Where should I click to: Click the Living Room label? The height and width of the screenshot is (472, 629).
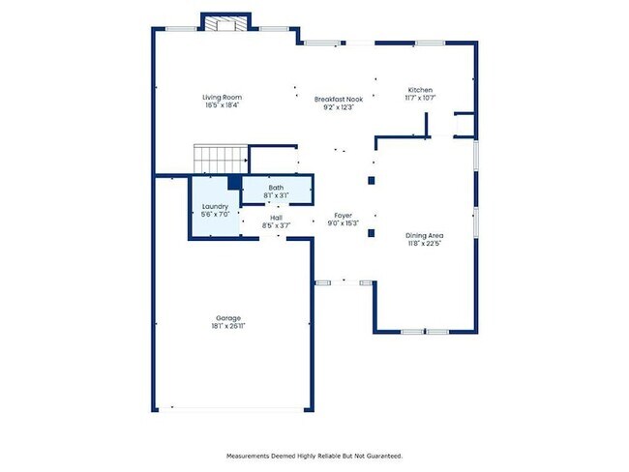[222, 98]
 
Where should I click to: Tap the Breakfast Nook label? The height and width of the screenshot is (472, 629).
[339, 99]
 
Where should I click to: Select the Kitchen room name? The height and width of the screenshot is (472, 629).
[419, 90]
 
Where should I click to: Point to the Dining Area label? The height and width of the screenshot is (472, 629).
[424, 235]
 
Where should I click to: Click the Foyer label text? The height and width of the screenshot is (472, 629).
[344, 216]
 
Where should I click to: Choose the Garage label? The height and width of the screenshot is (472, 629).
[228, 318]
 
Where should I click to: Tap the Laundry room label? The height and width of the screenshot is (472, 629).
[215, 207]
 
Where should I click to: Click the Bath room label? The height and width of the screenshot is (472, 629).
[277, 187]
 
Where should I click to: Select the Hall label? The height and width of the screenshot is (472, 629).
[276, 218]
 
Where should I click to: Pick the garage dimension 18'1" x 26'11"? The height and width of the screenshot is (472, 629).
[228, 327]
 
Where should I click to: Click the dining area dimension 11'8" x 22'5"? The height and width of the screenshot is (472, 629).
[424, 244]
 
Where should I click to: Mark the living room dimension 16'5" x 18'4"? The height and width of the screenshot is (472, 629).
[222, 105]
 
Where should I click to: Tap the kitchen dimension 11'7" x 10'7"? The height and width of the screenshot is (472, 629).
[419, 98]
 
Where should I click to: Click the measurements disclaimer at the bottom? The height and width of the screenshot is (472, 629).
[314, 456]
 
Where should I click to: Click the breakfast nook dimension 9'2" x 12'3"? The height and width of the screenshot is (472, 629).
[339, 106]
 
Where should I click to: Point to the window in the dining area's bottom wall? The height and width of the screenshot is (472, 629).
[424, 332]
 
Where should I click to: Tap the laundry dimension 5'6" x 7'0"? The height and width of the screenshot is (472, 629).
[215, 215]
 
